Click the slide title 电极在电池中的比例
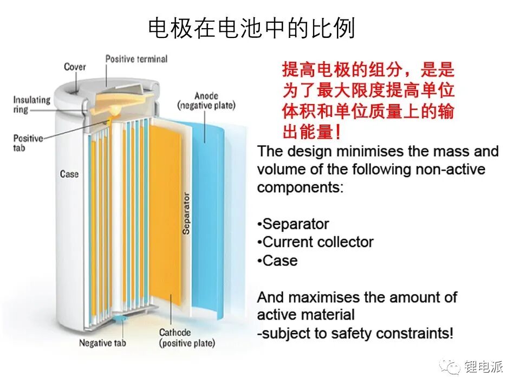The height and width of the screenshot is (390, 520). [252, 28]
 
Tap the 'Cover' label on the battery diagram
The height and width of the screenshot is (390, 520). [75, 67]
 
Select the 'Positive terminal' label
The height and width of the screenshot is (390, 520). [136, 59]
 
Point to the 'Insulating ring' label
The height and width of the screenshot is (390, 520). [31, 105]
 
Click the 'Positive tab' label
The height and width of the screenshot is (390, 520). [28, 142]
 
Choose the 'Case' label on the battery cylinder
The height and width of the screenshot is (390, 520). [69, 174]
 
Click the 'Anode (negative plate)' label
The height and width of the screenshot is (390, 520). [206, 101]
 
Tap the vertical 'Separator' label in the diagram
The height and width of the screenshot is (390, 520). [186, 213]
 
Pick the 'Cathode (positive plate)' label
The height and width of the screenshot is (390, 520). [187, 337]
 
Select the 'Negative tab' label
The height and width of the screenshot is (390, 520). [102, 342]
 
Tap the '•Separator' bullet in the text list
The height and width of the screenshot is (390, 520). [293, 224]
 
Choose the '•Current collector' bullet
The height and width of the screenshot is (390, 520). [315, 242]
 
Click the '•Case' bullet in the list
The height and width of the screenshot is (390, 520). [277, 261]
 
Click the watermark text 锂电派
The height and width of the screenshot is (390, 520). [484, 367]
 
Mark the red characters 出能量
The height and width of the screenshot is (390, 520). [308, 132]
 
